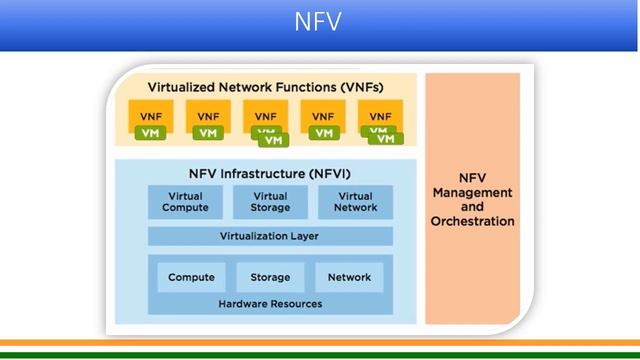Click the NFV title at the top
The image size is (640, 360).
click(x=319, y=22)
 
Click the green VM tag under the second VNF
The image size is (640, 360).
click(x=207, y=133)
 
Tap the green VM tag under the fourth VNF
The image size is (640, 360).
click(x=322, y=133)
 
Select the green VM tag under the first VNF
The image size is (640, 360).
click(x=150, y=133)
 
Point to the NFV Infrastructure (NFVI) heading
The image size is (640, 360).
click(x=264, y=173)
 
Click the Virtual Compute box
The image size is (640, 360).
click(x=186, y=202)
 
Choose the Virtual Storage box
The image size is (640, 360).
click(x=270, y=202)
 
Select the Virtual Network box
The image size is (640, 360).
click(x=357, y=202)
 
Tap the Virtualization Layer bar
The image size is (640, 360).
click(x=270, y=236)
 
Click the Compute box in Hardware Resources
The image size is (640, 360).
click(x=191, y=277)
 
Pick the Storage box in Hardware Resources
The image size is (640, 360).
click(x=270, y=277)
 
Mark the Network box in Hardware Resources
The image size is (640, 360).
click(x=349, y=277)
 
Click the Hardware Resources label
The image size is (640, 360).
click(x=270, y=304)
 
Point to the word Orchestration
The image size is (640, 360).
click(x=472, y=221)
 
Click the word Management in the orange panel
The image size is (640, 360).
click(x=472, y=192)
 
